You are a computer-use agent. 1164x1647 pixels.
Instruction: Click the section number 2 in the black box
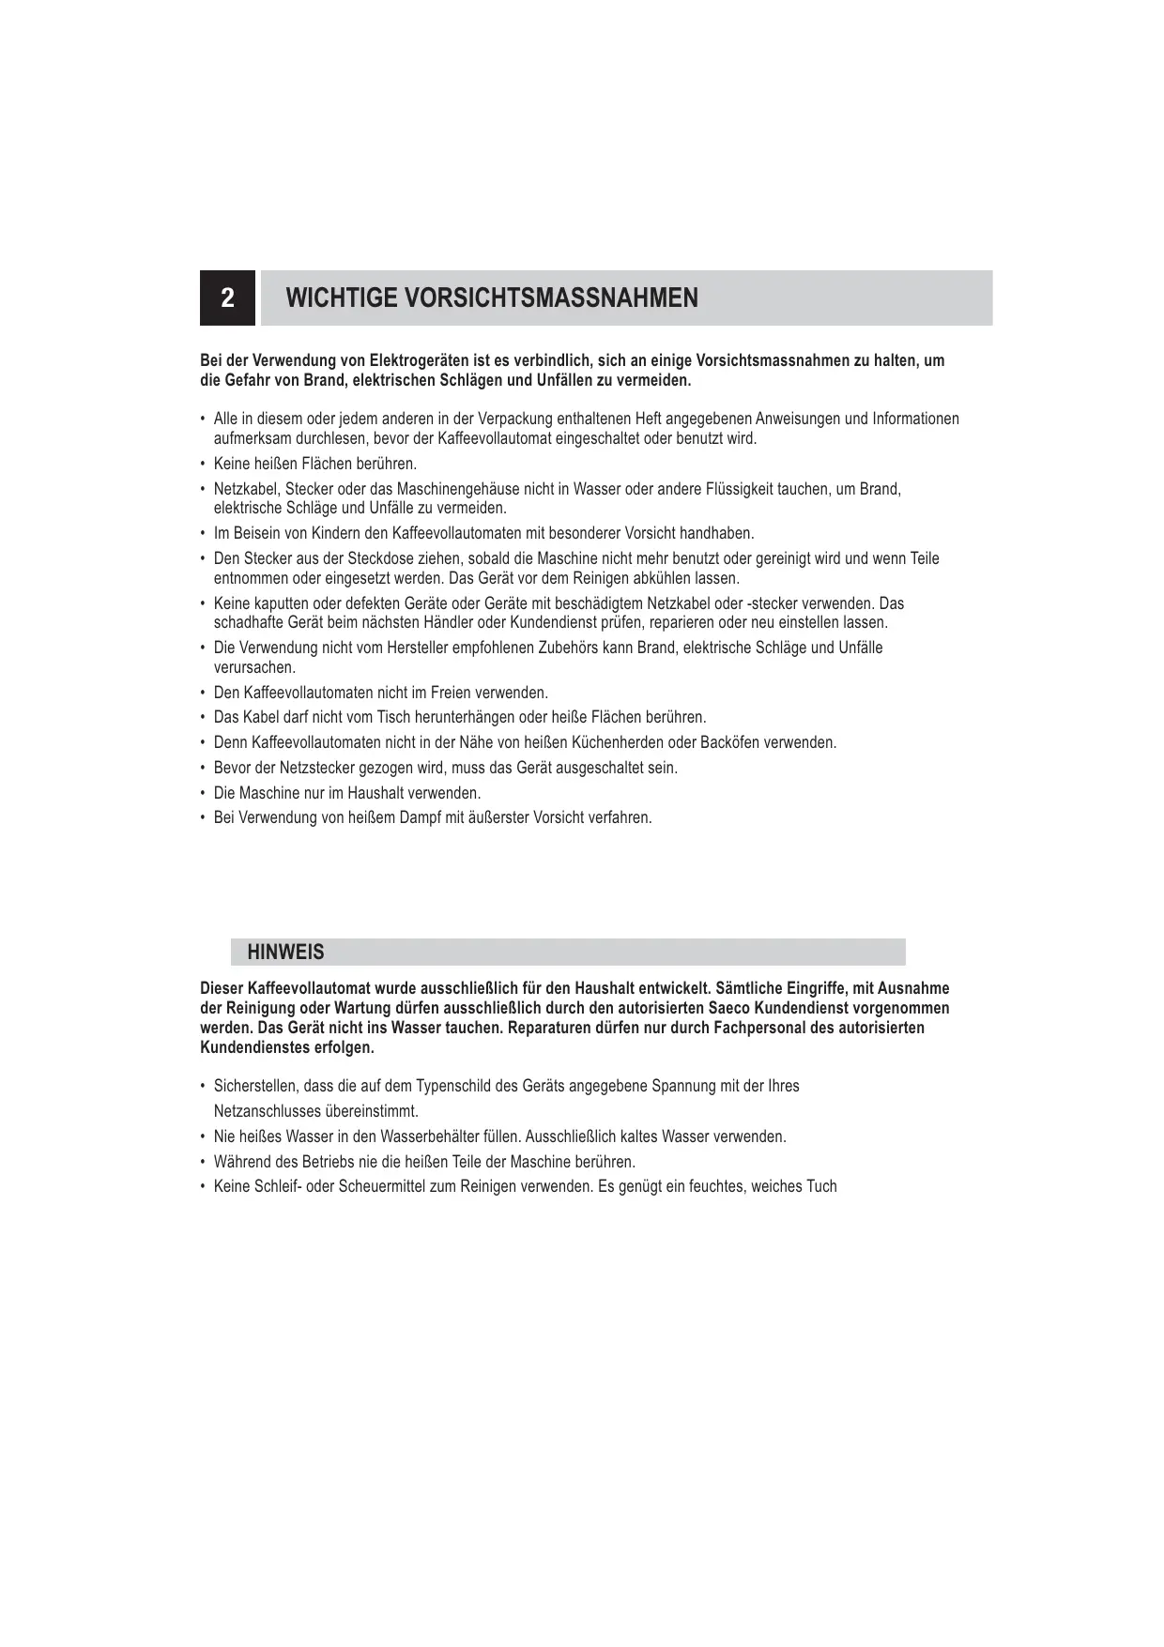click(227, 298)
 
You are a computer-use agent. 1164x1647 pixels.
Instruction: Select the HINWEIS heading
click(285, 953)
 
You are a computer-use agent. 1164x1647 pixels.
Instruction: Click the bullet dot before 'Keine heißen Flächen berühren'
click(203, 464)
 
